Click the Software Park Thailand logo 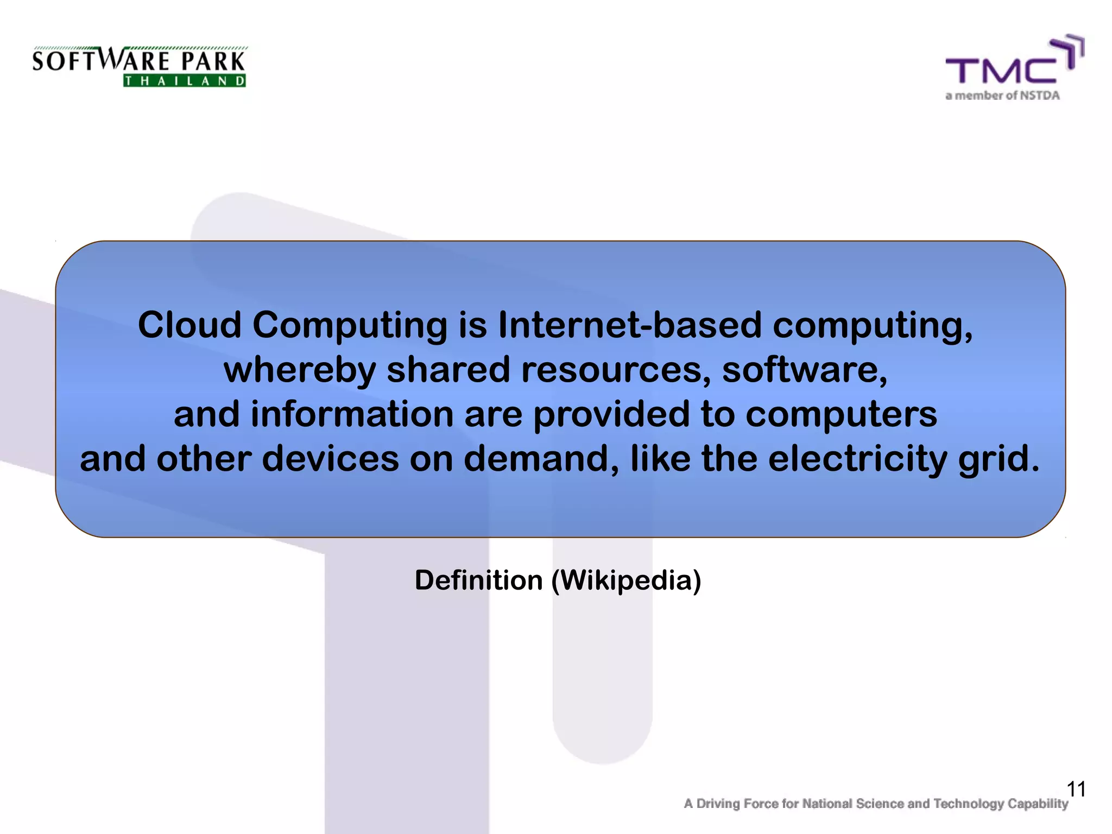tap(139, 66)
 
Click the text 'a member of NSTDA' tap(1002, 96)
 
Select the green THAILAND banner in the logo tap(185, 81)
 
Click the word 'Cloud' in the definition tap(189, 325)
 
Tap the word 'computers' tap(841, 414)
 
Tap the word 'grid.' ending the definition tap(999, 459)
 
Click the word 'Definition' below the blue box tap(478, 580)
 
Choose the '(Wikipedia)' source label tap(626, 580)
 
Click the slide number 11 tap(1076, 789)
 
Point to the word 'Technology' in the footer tap(968, 804)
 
